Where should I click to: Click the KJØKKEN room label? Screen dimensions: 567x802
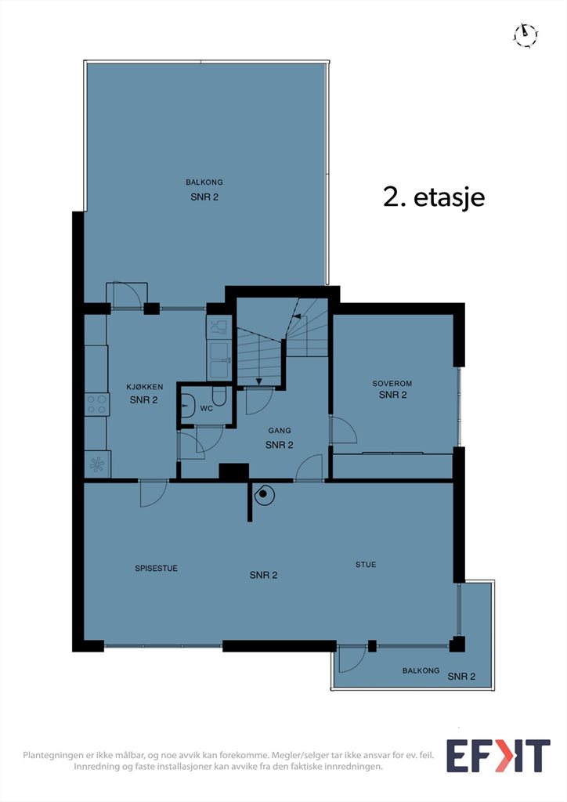[145, 387]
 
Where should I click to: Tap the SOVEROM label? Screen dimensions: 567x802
[392, 383]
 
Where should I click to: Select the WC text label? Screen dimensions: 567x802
[207, 408]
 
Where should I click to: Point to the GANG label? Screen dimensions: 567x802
[280, 431]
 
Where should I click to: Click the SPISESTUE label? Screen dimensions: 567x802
[157, 569]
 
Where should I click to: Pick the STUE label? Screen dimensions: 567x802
[366, 564]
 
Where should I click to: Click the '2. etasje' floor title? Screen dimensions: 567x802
[434, 197]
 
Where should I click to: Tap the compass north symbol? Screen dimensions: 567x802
[525, 35]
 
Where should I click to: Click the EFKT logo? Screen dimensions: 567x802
[498, 756]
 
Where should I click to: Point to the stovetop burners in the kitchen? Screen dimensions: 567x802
[96, 403]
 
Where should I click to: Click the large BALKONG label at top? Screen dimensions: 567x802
[204, 182]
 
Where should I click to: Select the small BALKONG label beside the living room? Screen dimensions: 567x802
[421, 670]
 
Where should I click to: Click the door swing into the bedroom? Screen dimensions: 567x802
[344, 430]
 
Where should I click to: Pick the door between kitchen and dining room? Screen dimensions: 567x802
[153, 493]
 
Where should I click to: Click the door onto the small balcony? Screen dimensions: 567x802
[352, 659]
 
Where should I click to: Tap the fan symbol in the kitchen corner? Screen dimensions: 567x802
[97, 464]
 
